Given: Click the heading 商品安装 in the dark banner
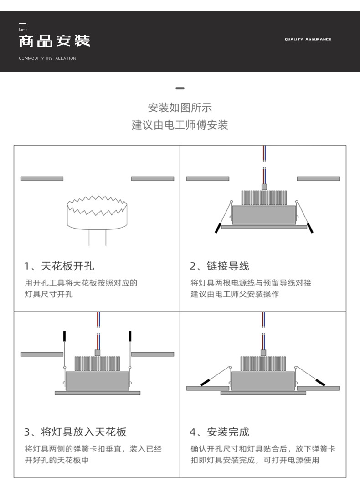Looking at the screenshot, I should click(54, 41).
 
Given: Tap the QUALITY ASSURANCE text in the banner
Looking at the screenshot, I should click(308, 40).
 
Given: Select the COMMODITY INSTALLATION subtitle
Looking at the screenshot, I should click(47, 58).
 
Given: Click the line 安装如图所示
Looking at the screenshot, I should click(180, 108).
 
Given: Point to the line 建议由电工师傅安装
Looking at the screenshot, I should click(180, 125).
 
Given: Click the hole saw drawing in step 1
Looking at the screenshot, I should click(97, 212).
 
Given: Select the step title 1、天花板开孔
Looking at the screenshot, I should click(60, 266).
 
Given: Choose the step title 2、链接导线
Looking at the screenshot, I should click(220, 266).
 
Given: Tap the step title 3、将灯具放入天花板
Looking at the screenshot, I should click(76, 431).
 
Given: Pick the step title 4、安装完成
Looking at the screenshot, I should click(220, 431).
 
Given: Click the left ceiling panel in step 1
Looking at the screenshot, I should click(42, 178).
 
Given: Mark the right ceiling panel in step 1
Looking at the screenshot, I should click(152, 178).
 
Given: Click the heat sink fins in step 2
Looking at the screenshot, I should click(264, 197).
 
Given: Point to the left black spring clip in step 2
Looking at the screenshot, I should click(218, 229).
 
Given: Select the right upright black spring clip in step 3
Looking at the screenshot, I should click(130, 336).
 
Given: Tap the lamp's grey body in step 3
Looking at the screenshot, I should click(97, 381).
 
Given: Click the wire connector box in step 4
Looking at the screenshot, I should click(263, 352).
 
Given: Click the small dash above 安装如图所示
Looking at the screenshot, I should click(180, 88).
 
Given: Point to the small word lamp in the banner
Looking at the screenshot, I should click(23, 30).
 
